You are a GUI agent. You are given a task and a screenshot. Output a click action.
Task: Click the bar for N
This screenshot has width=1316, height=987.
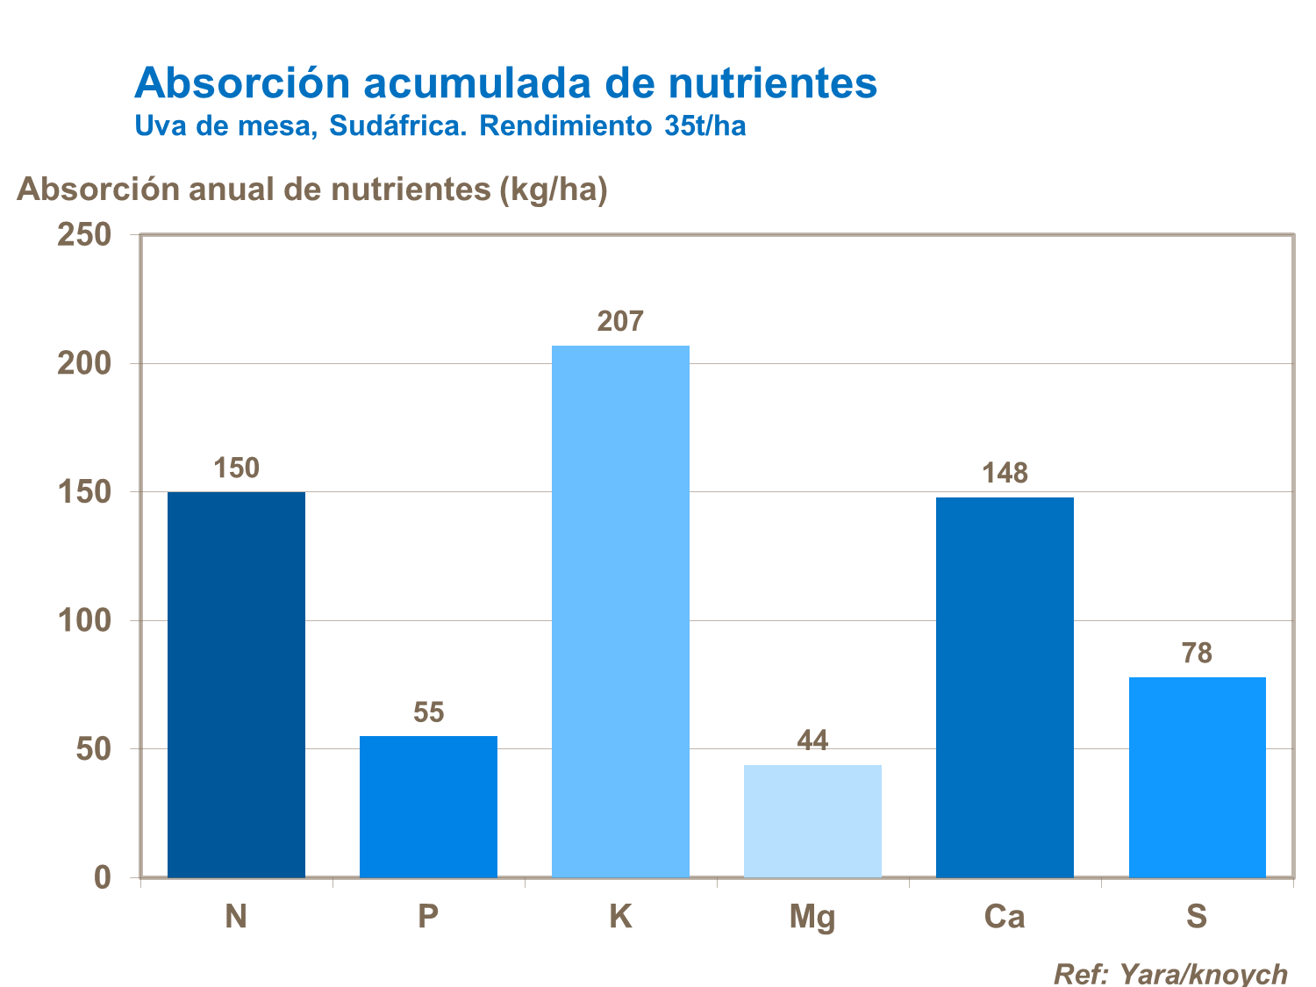coord(236,684)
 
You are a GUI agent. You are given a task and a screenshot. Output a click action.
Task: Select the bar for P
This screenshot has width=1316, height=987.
coord(428,806)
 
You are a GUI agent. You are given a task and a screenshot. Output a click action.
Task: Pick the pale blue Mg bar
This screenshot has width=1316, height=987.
coord(812,820)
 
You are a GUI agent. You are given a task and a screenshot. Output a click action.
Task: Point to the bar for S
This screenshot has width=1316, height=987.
coord(1197,776)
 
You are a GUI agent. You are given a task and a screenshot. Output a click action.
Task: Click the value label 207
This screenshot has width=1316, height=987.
coord(620,322)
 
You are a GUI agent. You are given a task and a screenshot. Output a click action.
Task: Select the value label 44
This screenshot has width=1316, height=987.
coord(812,741)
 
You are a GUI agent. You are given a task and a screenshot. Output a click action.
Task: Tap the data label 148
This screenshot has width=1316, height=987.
coord(1005,474)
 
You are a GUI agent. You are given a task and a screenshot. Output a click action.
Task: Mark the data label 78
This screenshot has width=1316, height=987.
coord(1197,654)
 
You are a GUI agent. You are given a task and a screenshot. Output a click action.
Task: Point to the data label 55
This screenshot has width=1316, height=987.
coord(428,712)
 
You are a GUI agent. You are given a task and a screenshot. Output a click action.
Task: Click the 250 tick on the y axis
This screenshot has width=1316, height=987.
coord(84,235)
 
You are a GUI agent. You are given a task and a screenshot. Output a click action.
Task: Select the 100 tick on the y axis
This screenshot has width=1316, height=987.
coord(84,621)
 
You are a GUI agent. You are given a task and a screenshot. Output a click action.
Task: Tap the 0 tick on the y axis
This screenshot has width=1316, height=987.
coord(102,877)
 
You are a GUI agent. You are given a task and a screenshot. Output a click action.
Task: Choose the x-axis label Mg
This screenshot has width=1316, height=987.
coord(812,918)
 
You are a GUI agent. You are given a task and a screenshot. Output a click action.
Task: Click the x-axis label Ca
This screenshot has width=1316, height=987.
coord(1005,917)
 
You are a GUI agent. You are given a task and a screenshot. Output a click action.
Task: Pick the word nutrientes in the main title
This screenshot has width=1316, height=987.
coord(772,83)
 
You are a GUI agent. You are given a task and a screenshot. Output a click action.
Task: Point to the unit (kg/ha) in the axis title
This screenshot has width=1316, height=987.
coord(553,190)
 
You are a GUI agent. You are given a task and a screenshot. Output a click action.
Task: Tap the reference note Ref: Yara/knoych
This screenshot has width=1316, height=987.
coord(1170,973)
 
